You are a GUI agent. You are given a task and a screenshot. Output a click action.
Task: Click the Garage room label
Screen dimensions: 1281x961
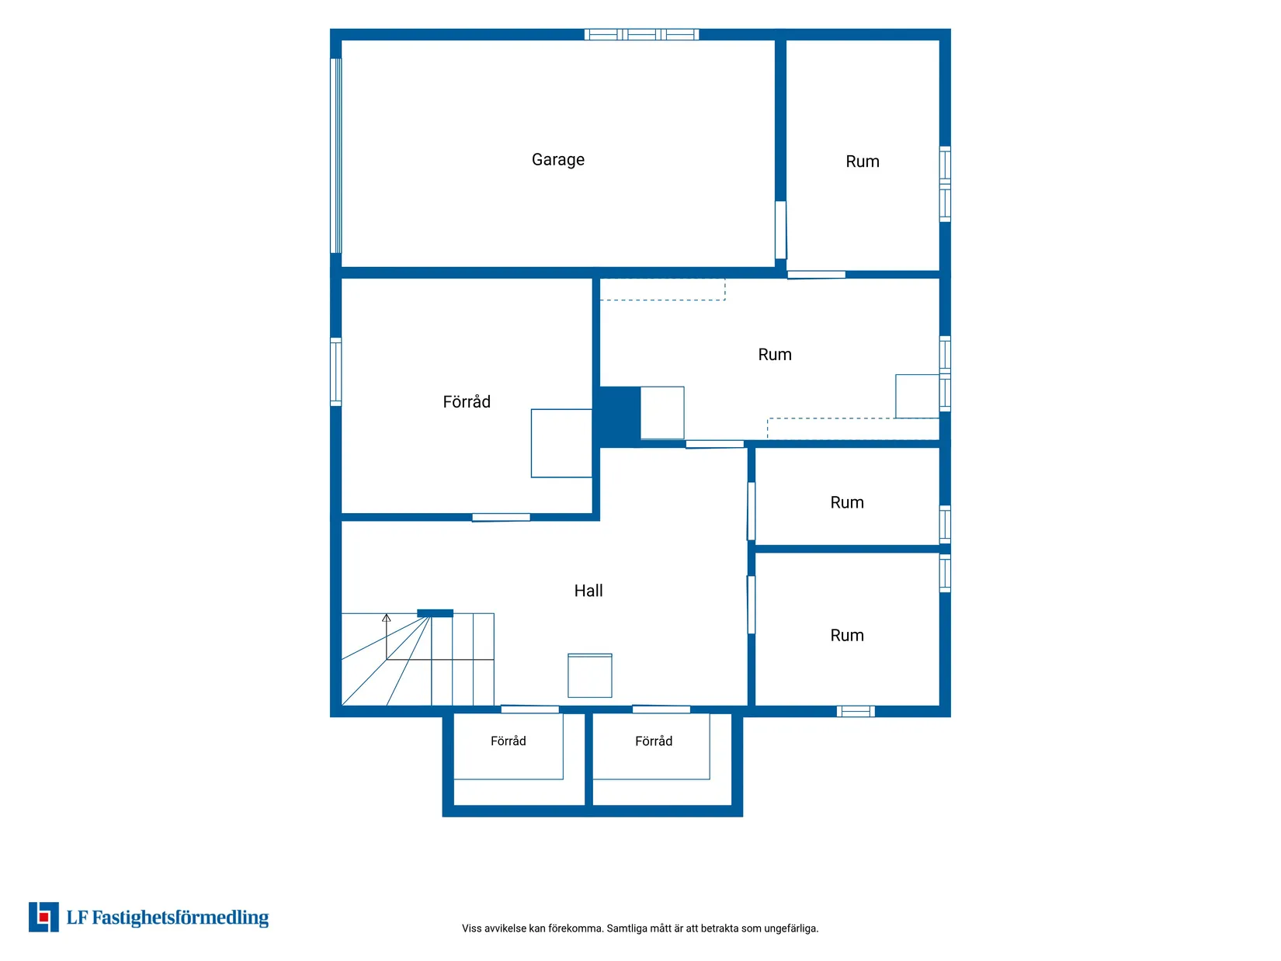pyautogui.click(x=558, y=160)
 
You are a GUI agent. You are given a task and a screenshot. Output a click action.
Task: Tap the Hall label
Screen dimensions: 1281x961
pyautogui.click(x=588, y=591)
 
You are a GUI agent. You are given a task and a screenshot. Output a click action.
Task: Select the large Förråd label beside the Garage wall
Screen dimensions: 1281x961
pyautogui.click(x=467, y=401)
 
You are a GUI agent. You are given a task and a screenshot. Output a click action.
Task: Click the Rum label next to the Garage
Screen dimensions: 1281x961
pyautogui.click(x=863, y=161)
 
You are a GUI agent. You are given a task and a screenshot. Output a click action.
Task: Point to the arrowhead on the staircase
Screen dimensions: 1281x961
pyautogui.click(x=387, y=618)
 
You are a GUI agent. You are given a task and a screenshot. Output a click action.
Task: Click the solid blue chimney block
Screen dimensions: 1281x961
pyautogui.click(x=620, y=416)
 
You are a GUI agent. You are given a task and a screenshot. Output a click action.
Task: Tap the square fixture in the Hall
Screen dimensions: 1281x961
pyautogui.click(x=590, y=675)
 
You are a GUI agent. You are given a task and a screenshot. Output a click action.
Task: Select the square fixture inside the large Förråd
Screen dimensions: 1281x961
pyautogui.click(x=561, y=443)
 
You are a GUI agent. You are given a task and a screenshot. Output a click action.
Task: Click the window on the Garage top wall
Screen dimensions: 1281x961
pyautogui.click(x=641, y=34)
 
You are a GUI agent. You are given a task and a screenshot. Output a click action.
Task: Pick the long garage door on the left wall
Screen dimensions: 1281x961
pyautogui.click(x=336, y=156)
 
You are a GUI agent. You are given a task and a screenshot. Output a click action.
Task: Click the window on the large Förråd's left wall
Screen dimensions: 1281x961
pyautogui.click(x=336, y=372)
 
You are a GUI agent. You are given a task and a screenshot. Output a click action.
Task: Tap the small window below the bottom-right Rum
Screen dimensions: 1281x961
pyautogui.click(x=856, y=711)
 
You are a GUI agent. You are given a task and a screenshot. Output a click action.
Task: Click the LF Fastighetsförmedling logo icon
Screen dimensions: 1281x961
pyautogui.click(x=43, y=918)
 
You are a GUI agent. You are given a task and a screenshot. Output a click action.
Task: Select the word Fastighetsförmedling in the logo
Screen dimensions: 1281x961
pyautogui.click(x=180, y=918)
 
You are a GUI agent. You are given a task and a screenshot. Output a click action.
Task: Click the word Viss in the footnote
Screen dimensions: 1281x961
pyautogui.click(x=471, y=928)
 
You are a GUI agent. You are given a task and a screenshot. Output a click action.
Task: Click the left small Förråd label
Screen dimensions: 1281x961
pyautogui.click(x=509, y=741)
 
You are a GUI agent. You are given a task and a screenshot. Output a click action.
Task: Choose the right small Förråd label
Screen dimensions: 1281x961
pyautogui.click(x=654, y=741)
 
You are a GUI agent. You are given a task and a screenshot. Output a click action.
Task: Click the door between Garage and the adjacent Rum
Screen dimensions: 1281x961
pyautogui.click(x=781, y=230)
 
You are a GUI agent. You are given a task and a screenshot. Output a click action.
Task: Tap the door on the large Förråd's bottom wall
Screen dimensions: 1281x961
pyautogui.click(x=501, y=518)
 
